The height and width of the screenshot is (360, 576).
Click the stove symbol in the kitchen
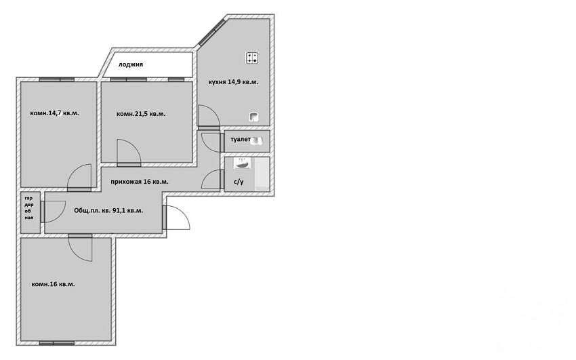pos(251,58)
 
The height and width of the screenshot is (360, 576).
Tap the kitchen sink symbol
pos(254,117)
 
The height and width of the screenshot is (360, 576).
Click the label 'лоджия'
pos(130,64)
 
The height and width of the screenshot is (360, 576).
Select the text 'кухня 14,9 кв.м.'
pos(233,82)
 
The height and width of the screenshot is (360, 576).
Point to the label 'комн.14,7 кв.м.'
pos(54,113)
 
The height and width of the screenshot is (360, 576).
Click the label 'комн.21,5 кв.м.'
pos(141,114)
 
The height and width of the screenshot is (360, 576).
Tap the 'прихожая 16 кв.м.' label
pos(140,182)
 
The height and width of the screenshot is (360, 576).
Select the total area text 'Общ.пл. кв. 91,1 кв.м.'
pos(108,210)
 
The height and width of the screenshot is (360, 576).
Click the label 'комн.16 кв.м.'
pos(54,284)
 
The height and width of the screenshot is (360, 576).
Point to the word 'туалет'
pos(241,140)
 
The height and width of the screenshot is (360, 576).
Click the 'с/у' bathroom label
pos(239,182)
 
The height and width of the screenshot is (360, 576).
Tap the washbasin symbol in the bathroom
pos(242,163)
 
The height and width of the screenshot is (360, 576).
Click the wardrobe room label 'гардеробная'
pos(29,208)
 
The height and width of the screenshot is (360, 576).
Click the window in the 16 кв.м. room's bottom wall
pos(57,343)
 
